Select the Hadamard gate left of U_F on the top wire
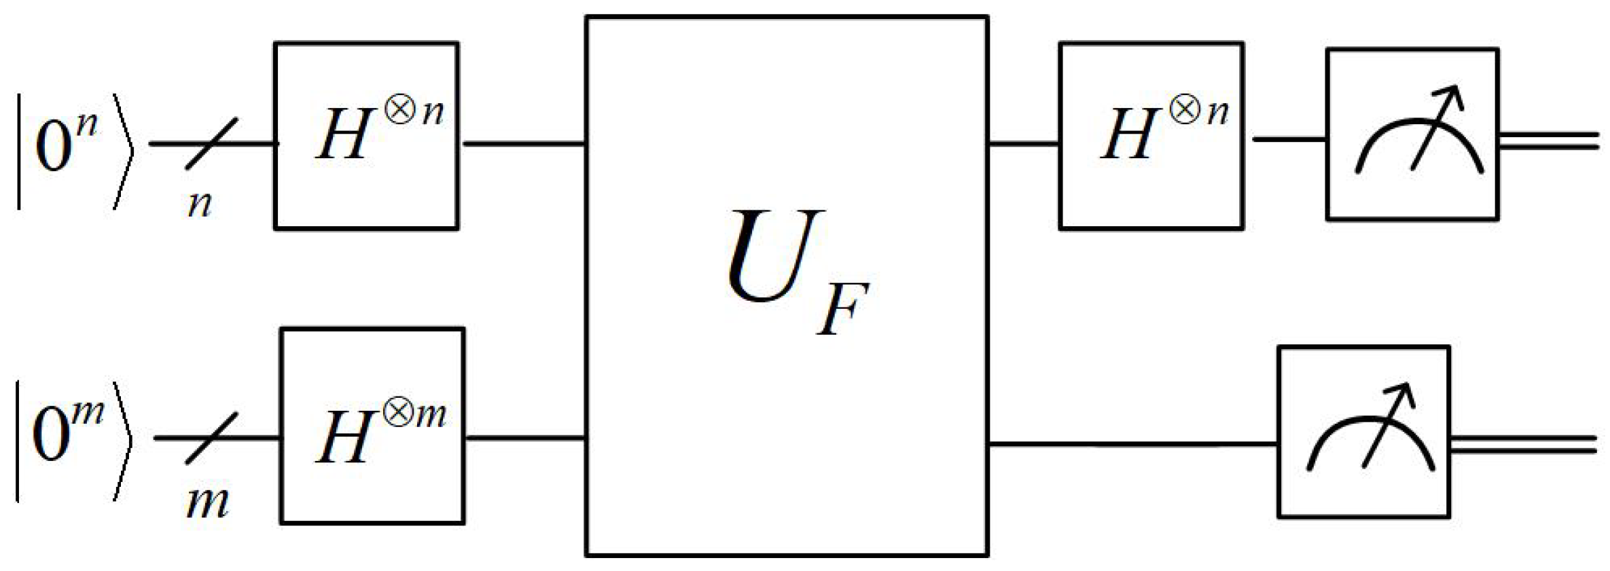tap(367, 136)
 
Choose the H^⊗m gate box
tap(373, 426)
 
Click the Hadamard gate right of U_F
tap(1151, 136)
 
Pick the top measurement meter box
tap(1413, 134)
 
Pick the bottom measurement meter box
tap(1364, 432)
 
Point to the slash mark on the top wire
tap(212, 143)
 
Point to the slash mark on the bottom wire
tap(212, 438)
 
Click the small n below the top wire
tap(200, 204)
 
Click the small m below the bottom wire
tap(207, 502)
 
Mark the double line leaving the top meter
tap(1549, 141)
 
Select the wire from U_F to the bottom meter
tap(1131, 445)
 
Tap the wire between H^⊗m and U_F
tap(525, 438)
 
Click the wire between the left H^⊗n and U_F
tap(523, 144)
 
